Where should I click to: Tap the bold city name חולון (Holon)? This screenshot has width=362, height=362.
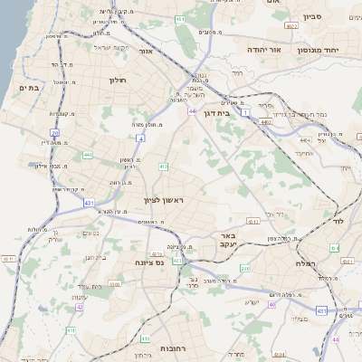pos(119,80)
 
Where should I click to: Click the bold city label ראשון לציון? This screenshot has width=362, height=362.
pos(163,199)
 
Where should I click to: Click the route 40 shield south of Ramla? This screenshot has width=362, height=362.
pos(271,304)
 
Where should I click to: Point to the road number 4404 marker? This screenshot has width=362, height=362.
pos(303,140)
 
